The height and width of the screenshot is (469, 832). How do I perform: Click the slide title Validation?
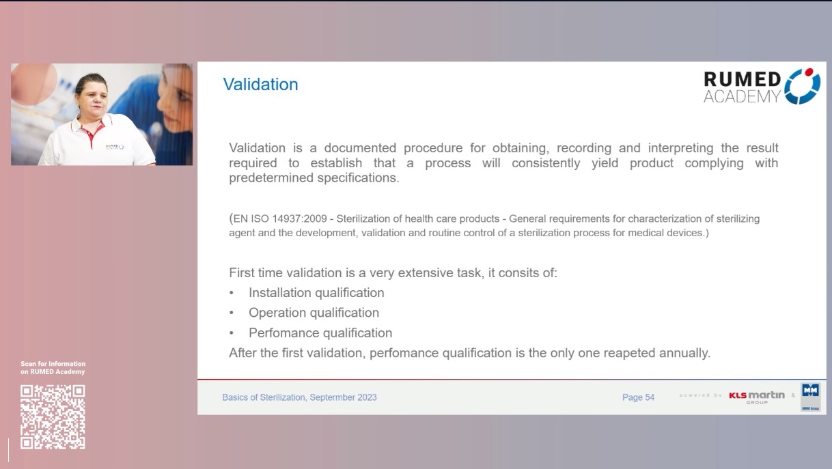coord(260,85)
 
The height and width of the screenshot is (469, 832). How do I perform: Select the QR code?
coord(53,416)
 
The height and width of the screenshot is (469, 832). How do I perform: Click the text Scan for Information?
coord(53,364)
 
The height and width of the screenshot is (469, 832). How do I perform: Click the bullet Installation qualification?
coord(316,293)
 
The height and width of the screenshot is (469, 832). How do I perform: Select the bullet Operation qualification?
coord(314,313)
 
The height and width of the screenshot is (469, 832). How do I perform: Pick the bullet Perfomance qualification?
coord(320,333)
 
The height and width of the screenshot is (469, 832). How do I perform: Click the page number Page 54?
coord(638,397)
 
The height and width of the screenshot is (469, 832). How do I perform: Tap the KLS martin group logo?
coord(756,397)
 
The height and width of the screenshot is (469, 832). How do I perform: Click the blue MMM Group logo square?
coord(810,394)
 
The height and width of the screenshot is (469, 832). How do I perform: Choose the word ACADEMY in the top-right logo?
coord(741,96)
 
